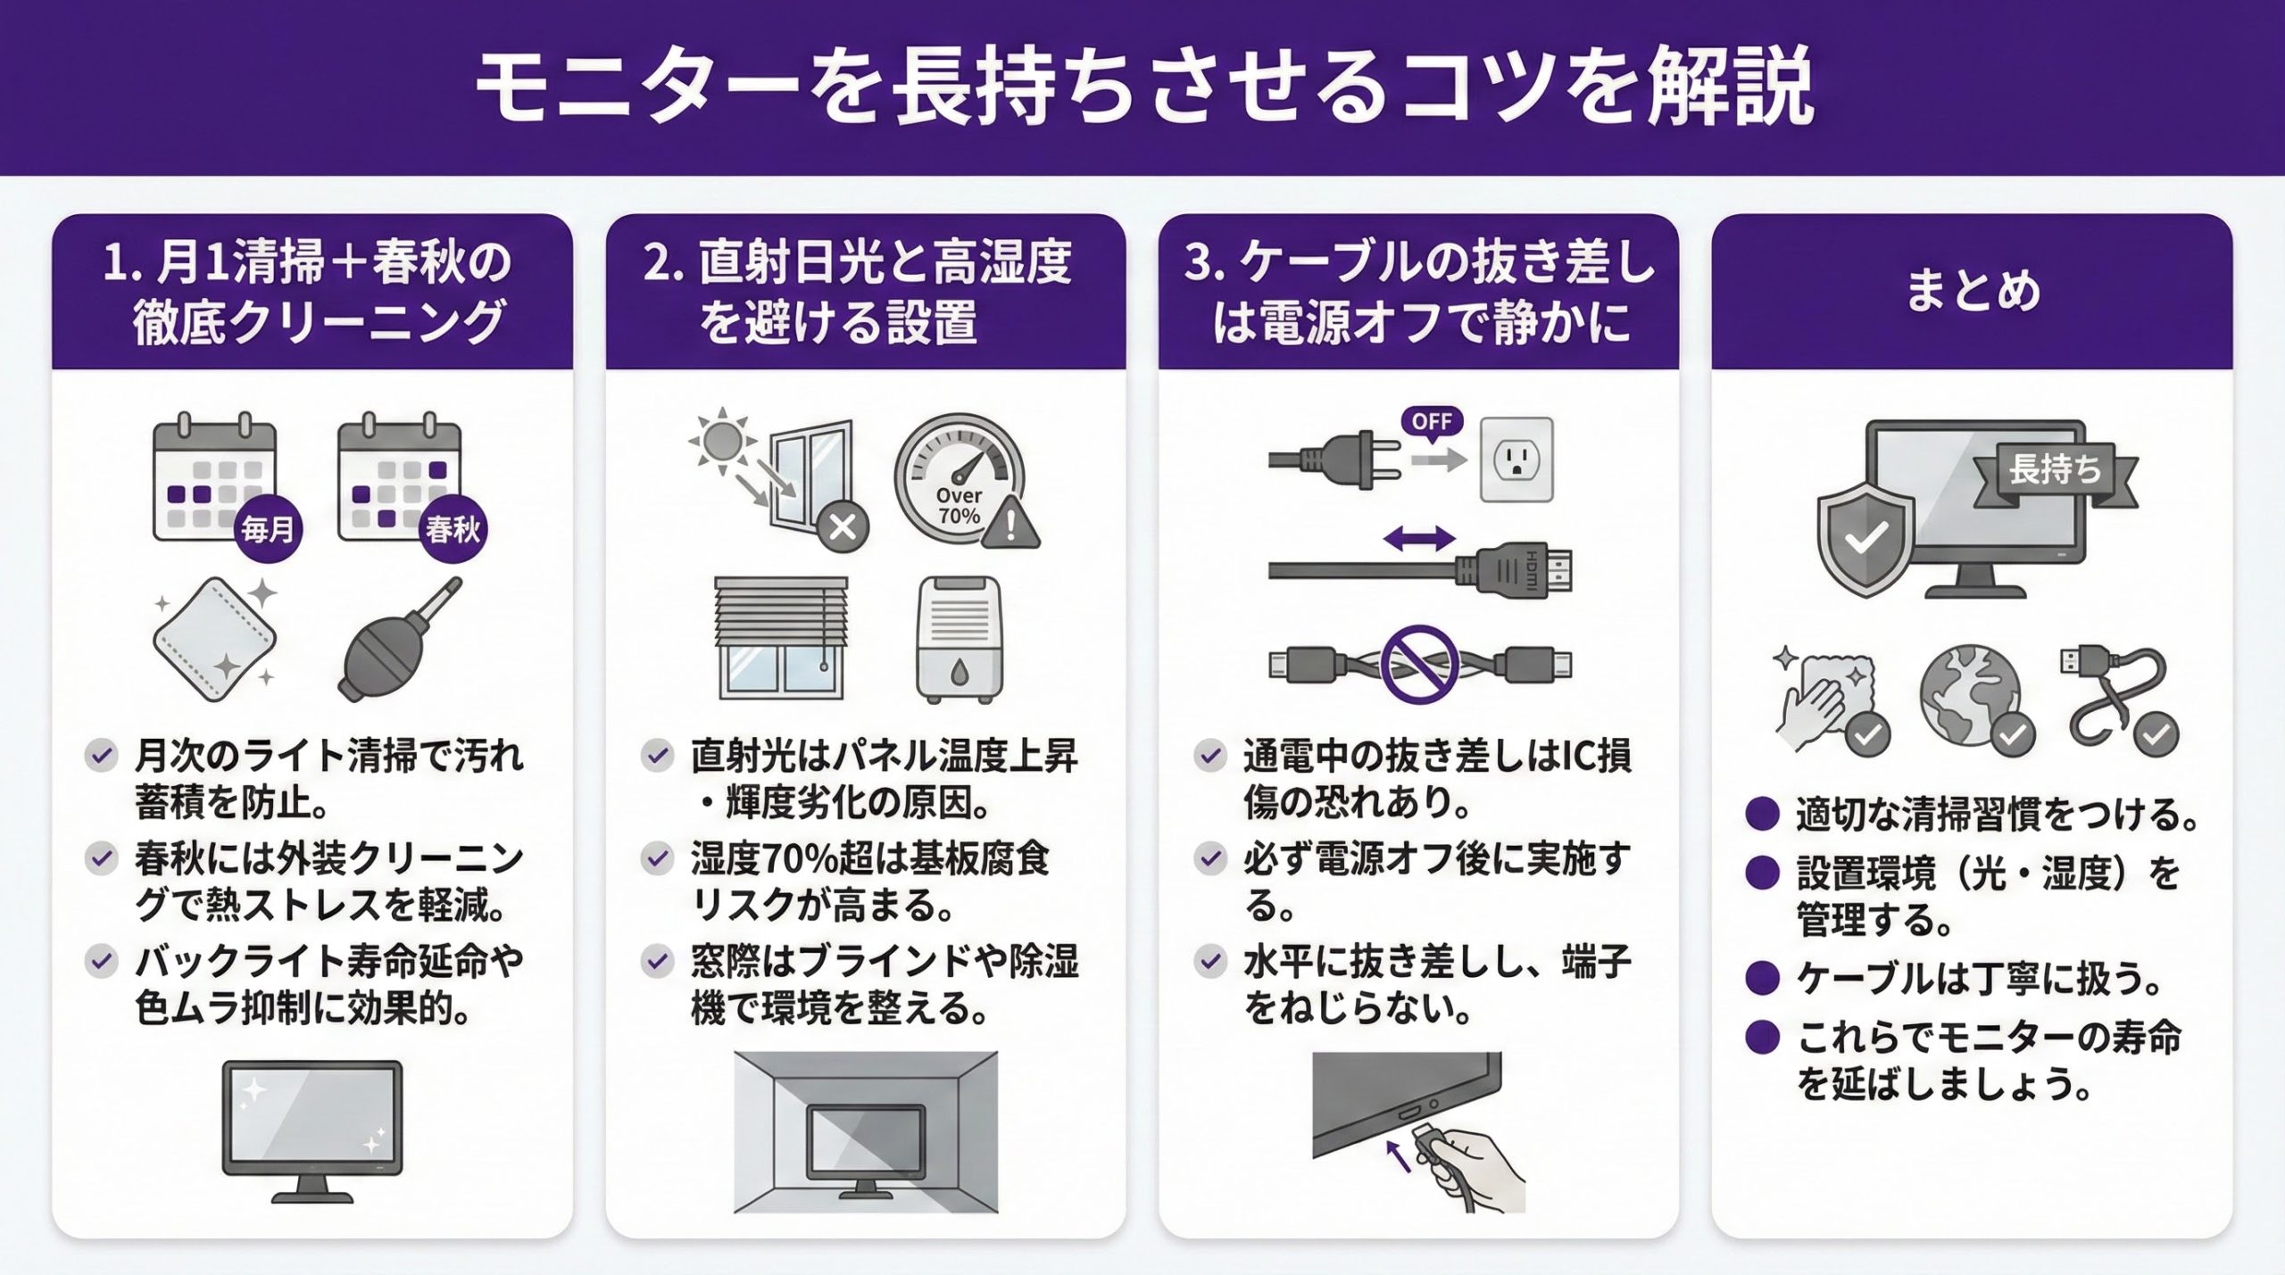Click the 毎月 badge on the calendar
click(267, 530)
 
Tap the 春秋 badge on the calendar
click(453, 530)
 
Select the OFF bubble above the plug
click(1432, 421)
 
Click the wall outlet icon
click(1516, 460)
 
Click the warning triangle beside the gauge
click(1010, 525)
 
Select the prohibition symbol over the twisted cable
click(1419, 665)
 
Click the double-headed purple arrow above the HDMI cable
click(1418, 538)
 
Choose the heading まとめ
click(1973, 291)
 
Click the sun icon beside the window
click(721, 439)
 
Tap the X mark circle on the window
click(843, 526)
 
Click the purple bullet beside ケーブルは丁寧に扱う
click(1762, 978)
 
